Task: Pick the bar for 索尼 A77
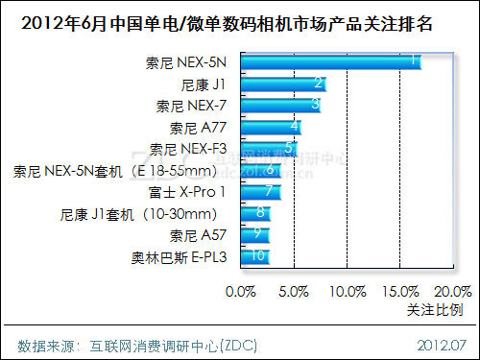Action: pos(270,127)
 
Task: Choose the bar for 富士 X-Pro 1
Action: pos(260,191)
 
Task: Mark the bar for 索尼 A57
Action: pos(254,233)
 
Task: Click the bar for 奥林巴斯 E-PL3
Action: pos(254,255)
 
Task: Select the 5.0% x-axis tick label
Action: pos(293,290)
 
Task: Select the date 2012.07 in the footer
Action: pos(441,344)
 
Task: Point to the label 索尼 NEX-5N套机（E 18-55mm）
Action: pos(122,170)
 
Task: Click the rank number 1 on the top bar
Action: pos(413,61)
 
